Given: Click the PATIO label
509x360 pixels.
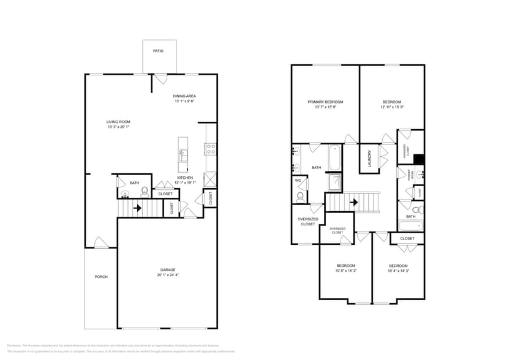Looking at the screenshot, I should coord(159,51).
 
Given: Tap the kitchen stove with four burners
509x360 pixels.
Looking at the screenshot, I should coord(210,147).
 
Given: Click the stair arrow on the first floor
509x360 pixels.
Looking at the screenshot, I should coord(138,208).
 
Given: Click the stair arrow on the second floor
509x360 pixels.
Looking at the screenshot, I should coord(353,201).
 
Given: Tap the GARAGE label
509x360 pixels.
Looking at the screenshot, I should coord(168,270).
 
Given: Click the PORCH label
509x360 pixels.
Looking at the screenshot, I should coord(101,277).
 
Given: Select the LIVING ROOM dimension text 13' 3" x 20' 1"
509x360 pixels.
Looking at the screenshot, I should coord(119,127).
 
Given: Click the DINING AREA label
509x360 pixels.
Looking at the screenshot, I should coord(184,96).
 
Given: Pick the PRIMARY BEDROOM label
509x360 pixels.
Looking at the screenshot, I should coord(325,102).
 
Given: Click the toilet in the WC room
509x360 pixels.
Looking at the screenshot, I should coord(300,197).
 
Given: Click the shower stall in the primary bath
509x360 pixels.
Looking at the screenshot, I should coord(335,182).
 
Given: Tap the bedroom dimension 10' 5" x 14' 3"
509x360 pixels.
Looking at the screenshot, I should coord(346,270).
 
